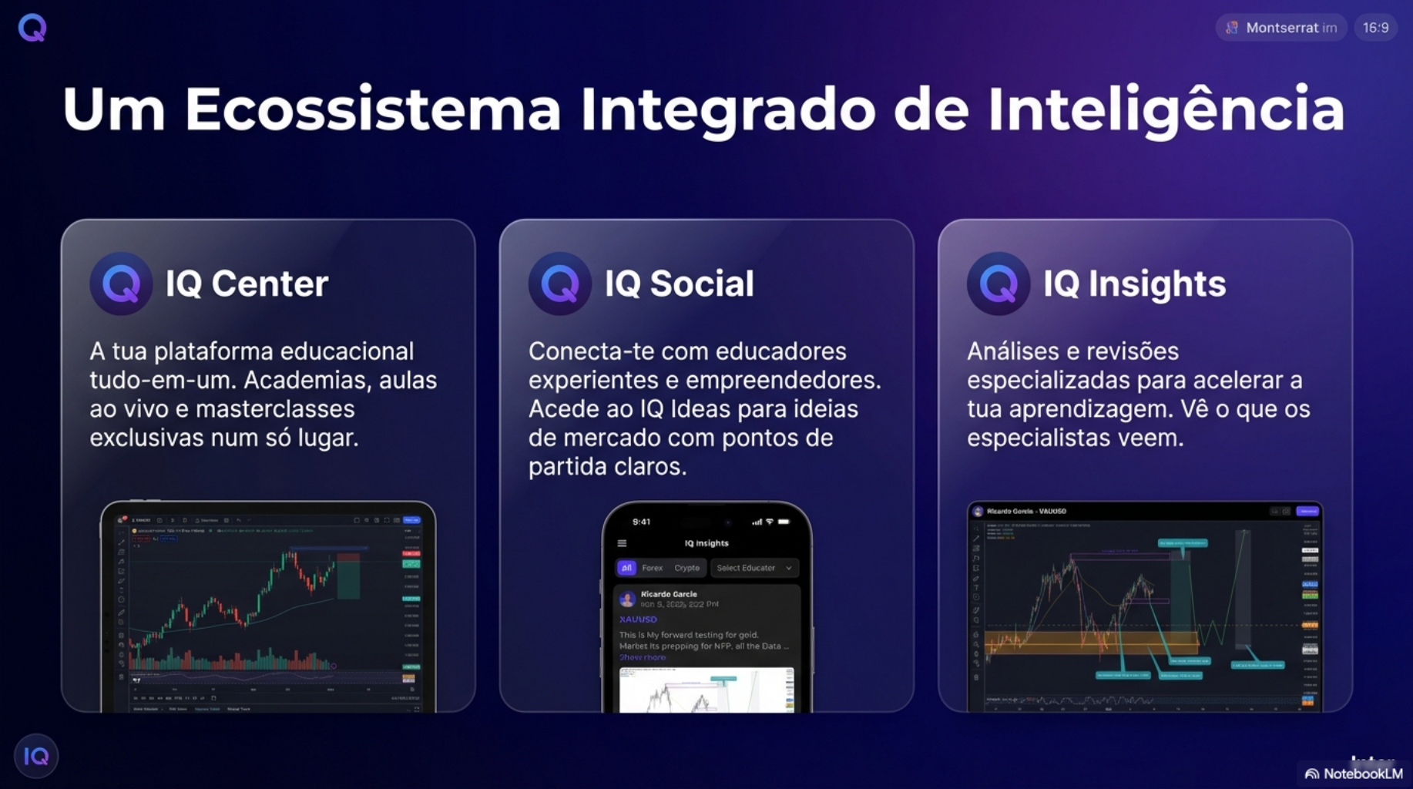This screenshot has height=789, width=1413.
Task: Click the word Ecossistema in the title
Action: pyautogui.click(x=372, y=109)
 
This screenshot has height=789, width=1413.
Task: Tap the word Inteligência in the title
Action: pyautogui.click(x=1166, y=109)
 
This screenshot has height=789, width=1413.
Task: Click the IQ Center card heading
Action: pyautogui.click(x=247, y=284)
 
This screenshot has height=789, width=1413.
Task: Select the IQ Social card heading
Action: pyautogui.click(x=679, y=284)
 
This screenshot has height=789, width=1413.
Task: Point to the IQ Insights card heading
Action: pyautogui.click(x=1134, y=284)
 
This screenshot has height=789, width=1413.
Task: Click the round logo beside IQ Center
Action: pyautogui.click(x=121, y=284)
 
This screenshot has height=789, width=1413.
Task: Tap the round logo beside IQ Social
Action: pyautogui.click(x=560, y=284)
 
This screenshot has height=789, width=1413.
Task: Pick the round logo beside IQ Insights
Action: pyautogui.click(x=998, y=284)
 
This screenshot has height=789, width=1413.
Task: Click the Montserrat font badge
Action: pyautogui.click(x=1281, y=28)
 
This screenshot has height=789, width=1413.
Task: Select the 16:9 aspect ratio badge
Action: pyautogui.click(x=1375, y=28)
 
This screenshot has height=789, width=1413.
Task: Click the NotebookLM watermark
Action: pyautogui.click(x=1354, y=774)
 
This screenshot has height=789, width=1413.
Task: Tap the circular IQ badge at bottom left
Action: pyautogui.click(x=36, y=757)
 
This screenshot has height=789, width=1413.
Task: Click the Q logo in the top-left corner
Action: pyautogui.click(x=32, y=28)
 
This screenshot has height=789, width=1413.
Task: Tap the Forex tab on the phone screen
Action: pyautogui.click(x=652, y=568)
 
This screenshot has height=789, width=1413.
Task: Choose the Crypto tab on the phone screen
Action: pyautogui.click(x=686, y=568)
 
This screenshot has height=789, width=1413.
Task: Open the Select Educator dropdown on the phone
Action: pyautogui.click(x=753, y=568)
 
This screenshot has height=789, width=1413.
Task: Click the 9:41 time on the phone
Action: pyautogui.click(x=641, y=522)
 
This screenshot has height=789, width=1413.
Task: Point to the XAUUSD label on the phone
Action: pyautogui.click(x=638, y=619)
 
